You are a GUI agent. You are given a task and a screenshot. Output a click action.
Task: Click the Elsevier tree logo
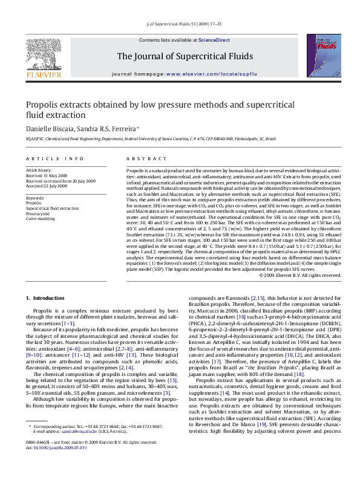click(x=43, y=56)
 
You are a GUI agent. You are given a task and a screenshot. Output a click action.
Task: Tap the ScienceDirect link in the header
click(x=214, y=39)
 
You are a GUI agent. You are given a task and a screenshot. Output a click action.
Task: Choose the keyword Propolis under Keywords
click(x=34, y=203)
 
